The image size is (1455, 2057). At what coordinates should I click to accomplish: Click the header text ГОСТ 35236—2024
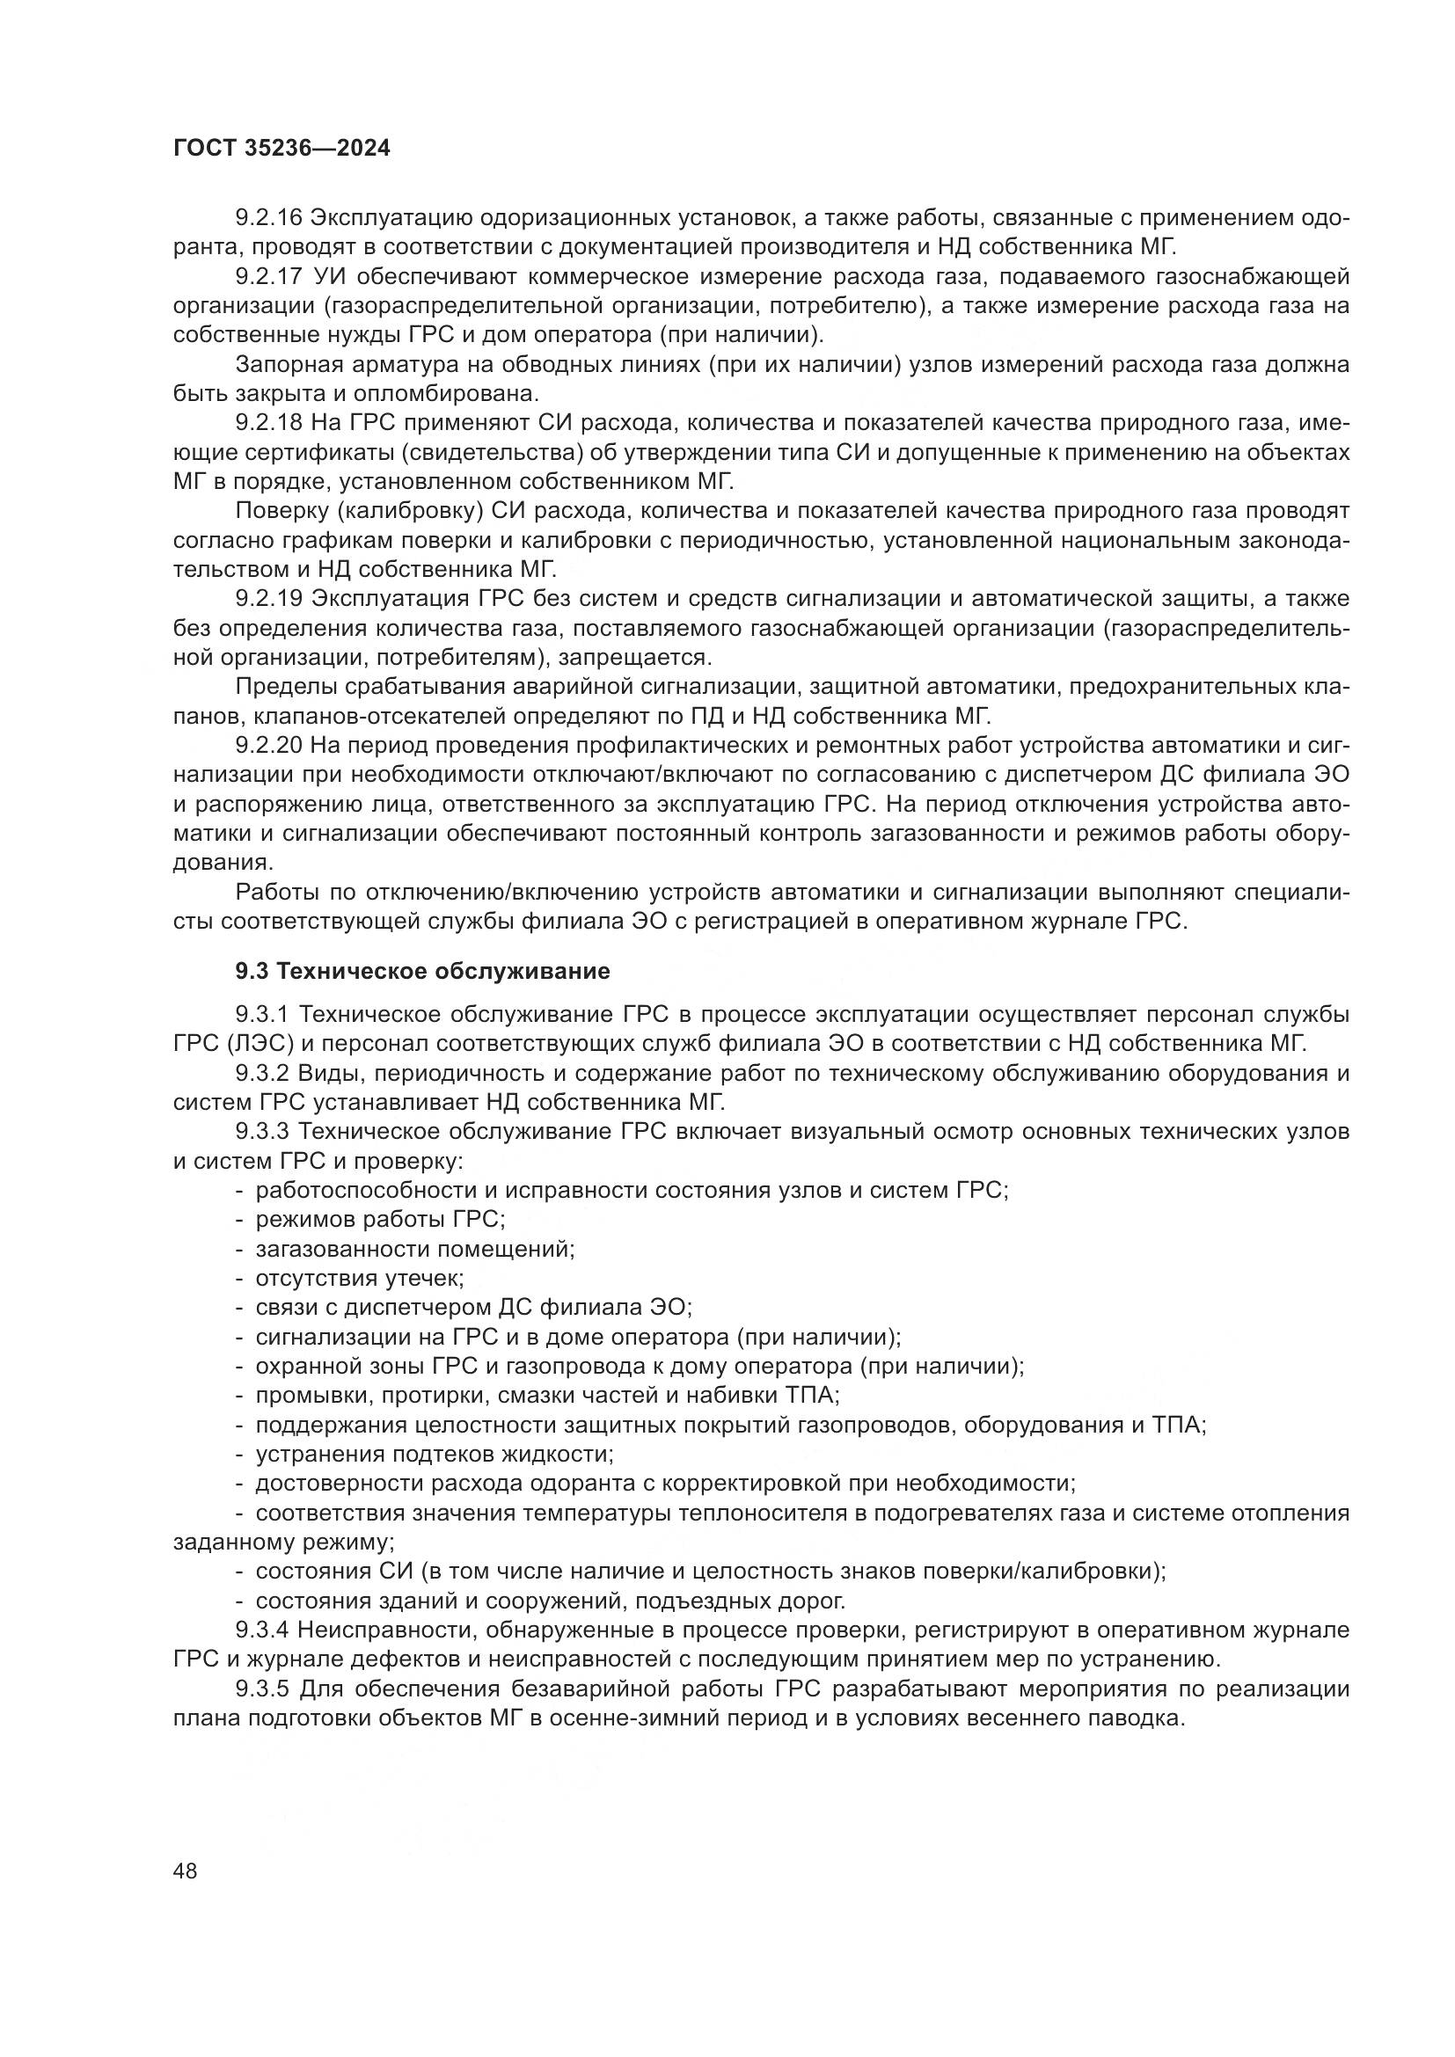click(281, 149)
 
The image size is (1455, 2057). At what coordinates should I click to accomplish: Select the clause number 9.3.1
click(261, 1014)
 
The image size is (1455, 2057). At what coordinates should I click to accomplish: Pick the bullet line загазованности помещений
click(414, 1249)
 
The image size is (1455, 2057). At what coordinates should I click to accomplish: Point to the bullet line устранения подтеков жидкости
click(434, 1454)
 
